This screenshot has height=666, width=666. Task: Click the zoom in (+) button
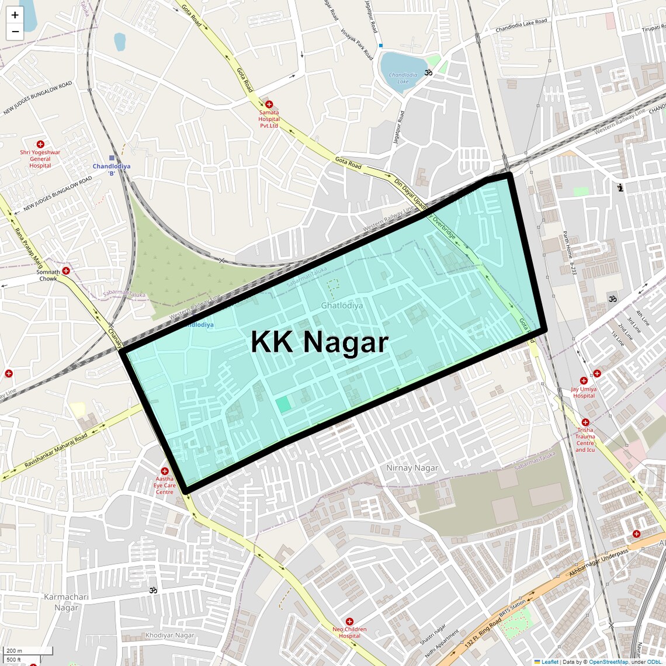(15, 15)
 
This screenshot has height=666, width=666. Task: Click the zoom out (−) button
(15, 32)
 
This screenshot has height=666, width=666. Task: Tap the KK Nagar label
(320, 342)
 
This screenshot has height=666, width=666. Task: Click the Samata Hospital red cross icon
(269, 104)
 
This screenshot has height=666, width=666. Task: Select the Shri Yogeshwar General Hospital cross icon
(40, 144)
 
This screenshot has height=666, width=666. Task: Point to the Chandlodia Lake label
(403, 78)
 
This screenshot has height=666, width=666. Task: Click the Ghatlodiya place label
(342, 306)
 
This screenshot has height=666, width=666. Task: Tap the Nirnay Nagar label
(412, 468)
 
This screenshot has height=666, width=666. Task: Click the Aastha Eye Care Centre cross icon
(165, 471)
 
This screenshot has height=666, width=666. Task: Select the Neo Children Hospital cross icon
(349, 622)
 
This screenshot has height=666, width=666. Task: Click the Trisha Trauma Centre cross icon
(585, 422)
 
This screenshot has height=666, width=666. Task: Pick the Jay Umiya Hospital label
(584, 392)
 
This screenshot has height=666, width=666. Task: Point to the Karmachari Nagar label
(67, 602)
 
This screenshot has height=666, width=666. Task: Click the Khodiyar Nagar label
(170, 635)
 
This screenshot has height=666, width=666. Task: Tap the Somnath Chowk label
(48, 275)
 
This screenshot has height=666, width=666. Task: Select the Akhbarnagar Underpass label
(598, 563)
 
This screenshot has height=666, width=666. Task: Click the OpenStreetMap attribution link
(608, 662)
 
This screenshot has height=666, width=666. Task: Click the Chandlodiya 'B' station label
(112, 169)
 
